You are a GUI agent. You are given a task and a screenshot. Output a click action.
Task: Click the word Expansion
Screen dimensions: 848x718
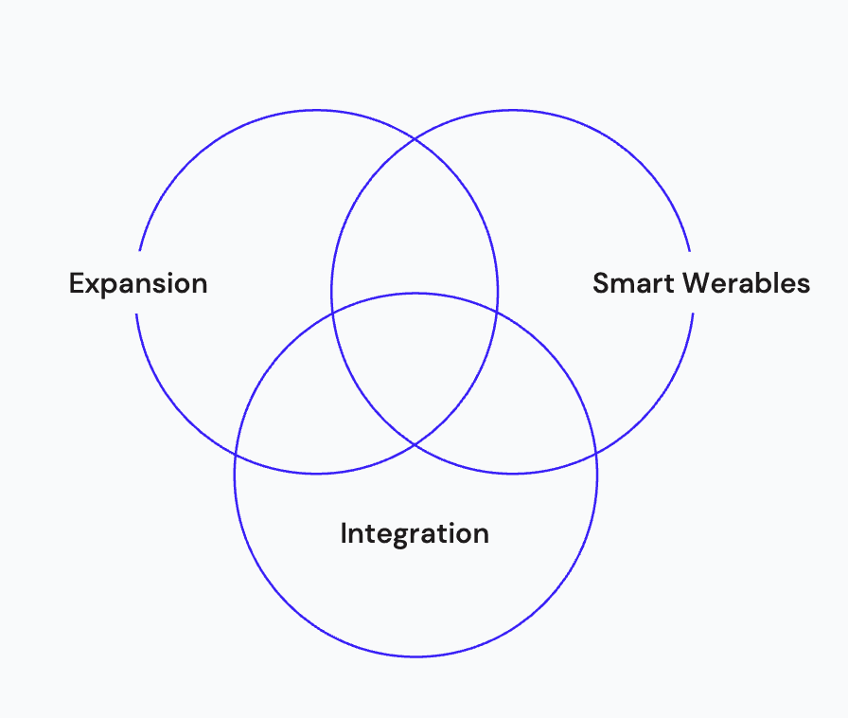coord(138,283)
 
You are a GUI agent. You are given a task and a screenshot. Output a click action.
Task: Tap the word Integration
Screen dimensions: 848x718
coord(415,533)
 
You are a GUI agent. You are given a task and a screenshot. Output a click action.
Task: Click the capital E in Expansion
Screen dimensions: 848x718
coord(77,283)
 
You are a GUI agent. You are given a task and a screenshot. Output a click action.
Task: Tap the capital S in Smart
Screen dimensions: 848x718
coord(601,283)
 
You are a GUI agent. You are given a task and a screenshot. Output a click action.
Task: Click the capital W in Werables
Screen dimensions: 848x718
coord(698,283)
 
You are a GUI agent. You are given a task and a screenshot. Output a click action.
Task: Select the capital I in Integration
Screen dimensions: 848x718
coord(344,533)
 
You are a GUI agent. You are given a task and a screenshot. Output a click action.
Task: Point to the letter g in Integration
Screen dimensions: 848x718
coord(401,536)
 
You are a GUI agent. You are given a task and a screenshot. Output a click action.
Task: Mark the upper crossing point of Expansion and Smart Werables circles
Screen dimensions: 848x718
coord(415,139)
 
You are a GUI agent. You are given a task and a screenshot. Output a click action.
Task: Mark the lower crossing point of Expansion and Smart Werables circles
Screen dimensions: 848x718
coord(415,443)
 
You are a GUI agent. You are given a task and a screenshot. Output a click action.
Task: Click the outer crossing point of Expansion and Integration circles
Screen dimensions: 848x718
coord(237,452)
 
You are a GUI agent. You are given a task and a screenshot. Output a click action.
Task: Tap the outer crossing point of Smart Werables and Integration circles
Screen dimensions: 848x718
coord(594,452)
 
